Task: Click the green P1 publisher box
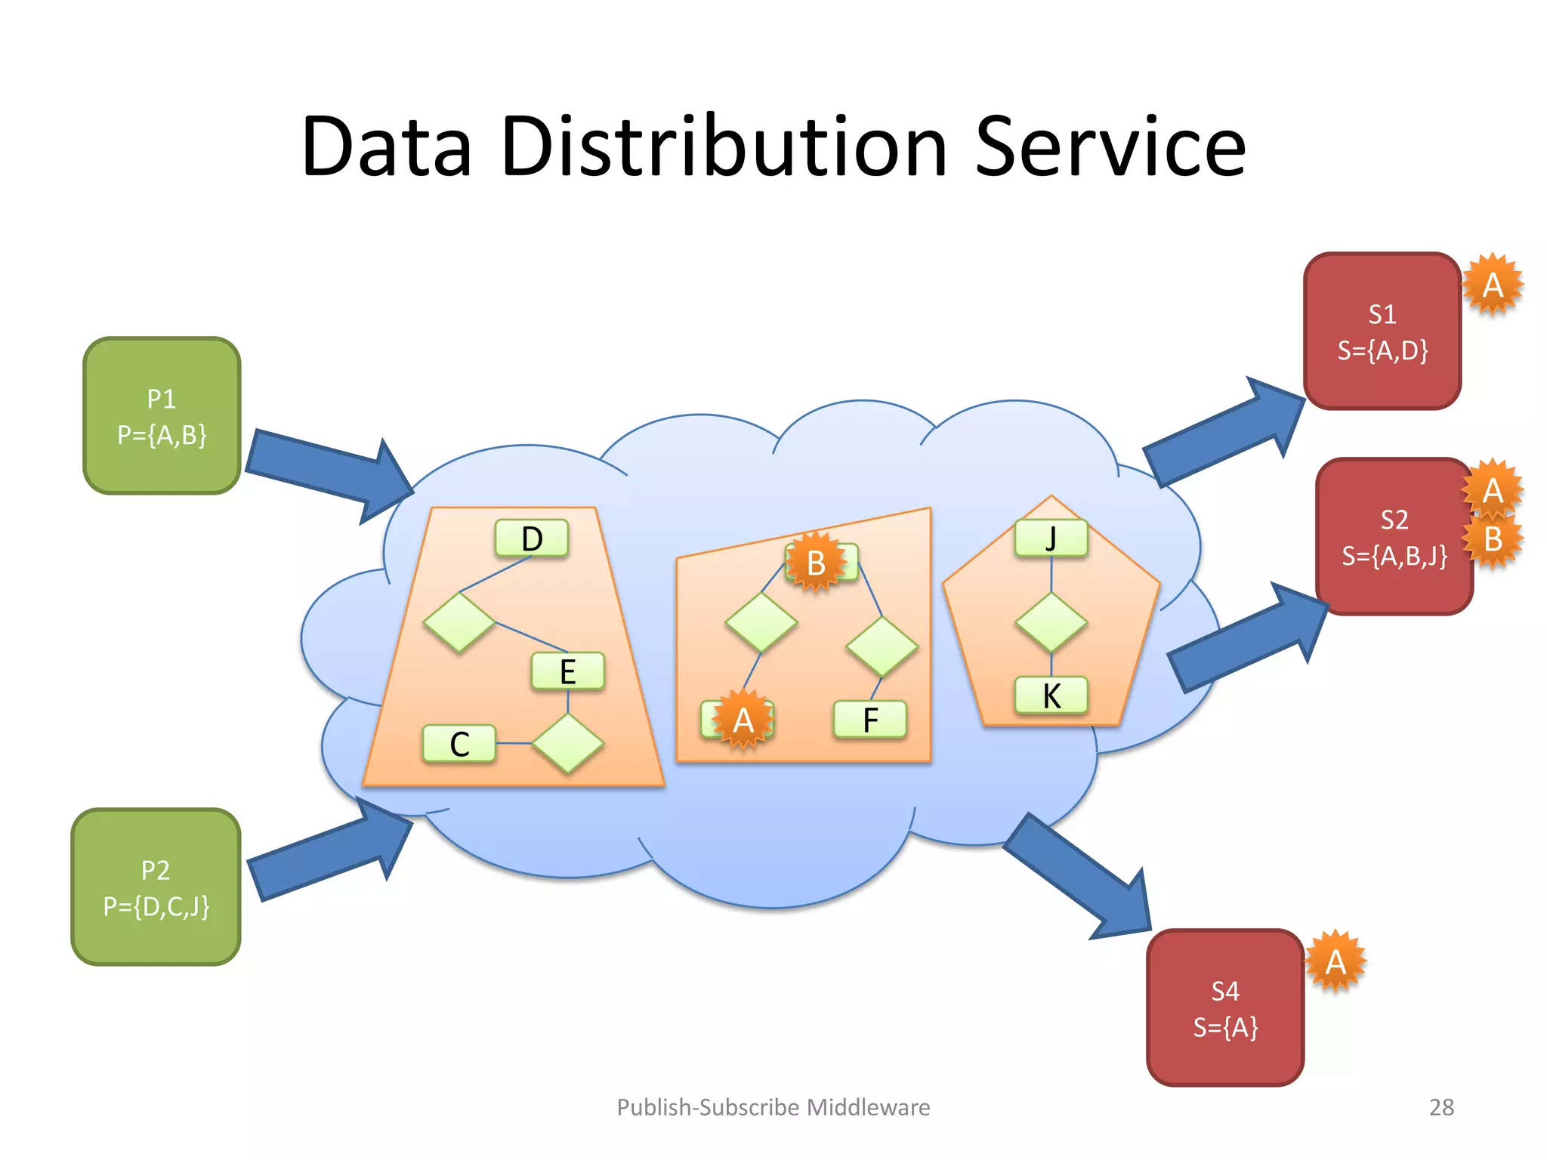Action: (x=162, y=416)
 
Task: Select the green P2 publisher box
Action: (x=156, y=887)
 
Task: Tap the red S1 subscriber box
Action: (x=1382, y=332)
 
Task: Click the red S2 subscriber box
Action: (x=1394, y=537)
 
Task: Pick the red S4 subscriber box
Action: (x=1225, y=1008)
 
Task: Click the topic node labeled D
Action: (x=532, y=538)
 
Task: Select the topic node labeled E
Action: (x=568, y=671)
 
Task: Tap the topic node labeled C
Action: (x=459, y=744)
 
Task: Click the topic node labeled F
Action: (x=870, y=720)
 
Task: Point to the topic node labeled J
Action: (x=1051, y=538)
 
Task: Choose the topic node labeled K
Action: (x=1051, y=696)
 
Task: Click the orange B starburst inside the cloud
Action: (x=815, y=563)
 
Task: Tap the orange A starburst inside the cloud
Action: (x=743, y=720)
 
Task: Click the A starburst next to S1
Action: (x=1493, y=285)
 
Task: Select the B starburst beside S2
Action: (x=1493, y=539)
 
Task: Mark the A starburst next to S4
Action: (x=1335, y=961)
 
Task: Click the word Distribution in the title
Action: (x=723, y=147)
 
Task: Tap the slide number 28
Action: (x=1441, y=1107)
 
